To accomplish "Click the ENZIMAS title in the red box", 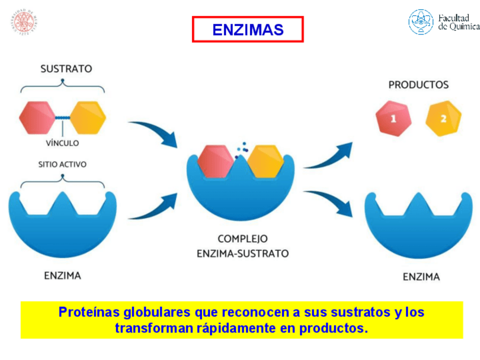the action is pos(247,29).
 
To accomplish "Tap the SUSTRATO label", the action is pos(66,68).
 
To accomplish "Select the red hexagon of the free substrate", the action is pos(37,117).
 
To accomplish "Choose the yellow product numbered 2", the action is pos(443,118).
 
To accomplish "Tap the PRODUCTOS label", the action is pos(418,85).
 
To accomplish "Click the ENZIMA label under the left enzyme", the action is pos(62,276).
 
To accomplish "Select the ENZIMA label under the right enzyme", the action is pos(421,277).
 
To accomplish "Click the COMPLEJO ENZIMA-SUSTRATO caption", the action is pos(243,246).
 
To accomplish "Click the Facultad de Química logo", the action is pos(443,22).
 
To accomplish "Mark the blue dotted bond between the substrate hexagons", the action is pos(63,117).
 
